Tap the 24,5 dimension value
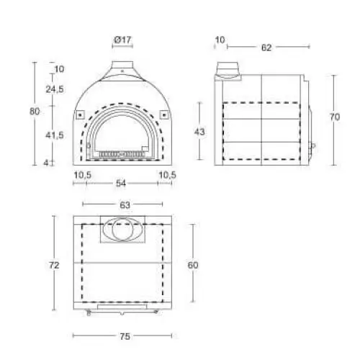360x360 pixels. (55, 89)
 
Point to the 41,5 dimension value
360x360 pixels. (55, 135)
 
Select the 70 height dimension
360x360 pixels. (334, 117)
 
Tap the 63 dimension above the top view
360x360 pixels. (124, 205)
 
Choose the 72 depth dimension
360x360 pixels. (55, 266)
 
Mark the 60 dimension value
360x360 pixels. (192, 266)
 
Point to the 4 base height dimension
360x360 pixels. (46, 163)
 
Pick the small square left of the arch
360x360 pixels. (80, 114)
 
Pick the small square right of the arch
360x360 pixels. (164, 114)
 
